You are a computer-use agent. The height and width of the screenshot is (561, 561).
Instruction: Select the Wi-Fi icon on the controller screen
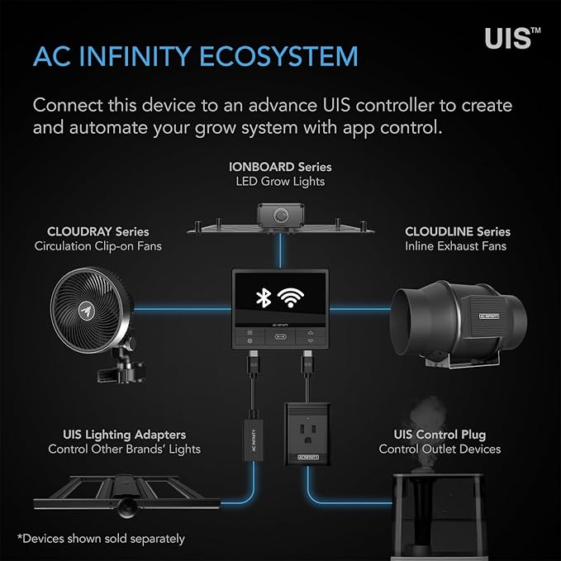[x=289, y=298]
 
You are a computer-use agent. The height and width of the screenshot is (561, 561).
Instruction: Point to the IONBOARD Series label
[x=280, y=167]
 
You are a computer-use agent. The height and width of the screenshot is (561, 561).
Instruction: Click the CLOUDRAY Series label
[x=98, y=231]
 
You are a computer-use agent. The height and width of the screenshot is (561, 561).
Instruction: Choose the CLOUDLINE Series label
[x=458, y=231]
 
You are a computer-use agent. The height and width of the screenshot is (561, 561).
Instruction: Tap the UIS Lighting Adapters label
[x=124, y=434]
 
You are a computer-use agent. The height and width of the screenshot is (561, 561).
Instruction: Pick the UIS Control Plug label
[x=440, y=434]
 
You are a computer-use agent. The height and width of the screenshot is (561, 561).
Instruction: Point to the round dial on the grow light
[x=281, y=215]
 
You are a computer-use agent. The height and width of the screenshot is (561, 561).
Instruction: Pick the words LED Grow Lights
[x=280, y=181]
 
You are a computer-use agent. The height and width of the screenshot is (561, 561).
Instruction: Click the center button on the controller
[x=280, y=337]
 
